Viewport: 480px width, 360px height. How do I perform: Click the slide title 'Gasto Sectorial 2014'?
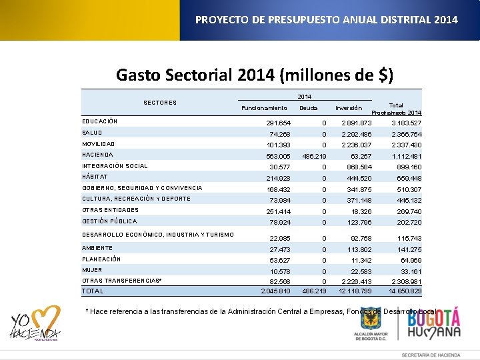tap(254, 74)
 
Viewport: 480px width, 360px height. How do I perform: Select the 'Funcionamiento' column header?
tap(264, 108)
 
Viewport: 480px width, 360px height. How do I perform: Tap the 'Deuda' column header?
tap(308, 108)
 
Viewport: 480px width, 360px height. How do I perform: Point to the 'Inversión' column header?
tap(349, 108)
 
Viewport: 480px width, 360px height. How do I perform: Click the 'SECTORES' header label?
tap(160, 103)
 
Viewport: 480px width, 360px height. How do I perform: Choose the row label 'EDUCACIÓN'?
tap(100, 121)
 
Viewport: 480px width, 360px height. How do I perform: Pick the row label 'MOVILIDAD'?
tap(99, 144)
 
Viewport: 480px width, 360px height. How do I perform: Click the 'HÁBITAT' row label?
tap(95, 177)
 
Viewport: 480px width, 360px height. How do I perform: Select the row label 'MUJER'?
tap(92, 270)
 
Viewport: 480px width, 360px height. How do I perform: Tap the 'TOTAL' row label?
tap(93, 291)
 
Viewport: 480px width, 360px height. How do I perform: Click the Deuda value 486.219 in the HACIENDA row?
tap(313, 155)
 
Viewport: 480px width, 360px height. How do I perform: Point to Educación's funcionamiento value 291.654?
tap(279, 123)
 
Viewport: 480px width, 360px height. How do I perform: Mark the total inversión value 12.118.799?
tap(355, 291)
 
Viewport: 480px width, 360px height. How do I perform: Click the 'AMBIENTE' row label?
tap(97, 248)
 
